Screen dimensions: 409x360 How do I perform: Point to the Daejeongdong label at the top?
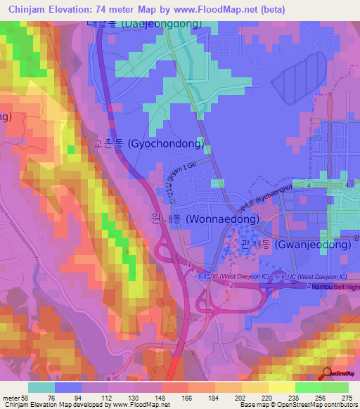(144, 23)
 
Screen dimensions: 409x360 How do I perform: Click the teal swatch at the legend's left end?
(41, 387)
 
